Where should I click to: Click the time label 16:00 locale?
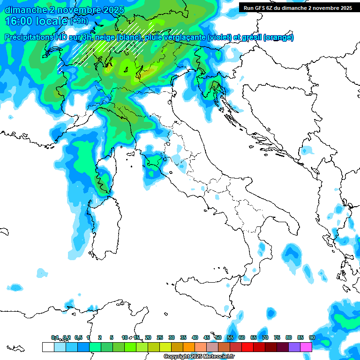pos(37,21)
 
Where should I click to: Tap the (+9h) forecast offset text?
pos(79,21)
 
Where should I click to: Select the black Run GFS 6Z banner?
pos(298,7)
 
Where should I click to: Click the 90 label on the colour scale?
pos(312,337)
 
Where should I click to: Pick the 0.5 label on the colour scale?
pos(78,337)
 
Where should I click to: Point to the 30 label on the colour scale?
pos(172,337)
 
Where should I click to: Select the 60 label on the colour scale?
pos(242,337)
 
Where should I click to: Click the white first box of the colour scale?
pos(48,347)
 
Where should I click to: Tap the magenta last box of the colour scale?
pos(306,347)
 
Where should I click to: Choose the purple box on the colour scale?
pos(294,347)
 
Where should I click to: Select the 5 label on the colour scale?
pos(112,337)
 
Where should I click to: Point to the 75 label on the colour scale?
pos(277,337)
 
